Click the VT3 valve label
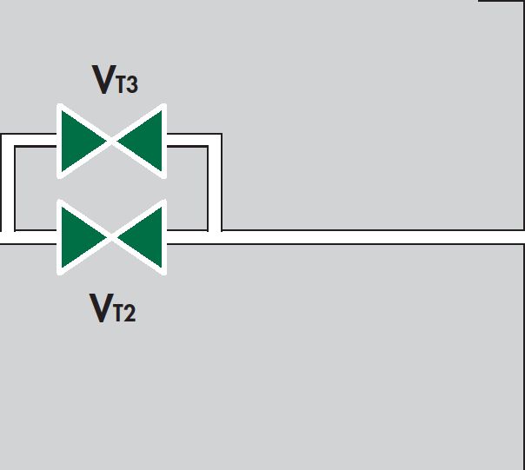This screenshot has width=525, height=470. pos(115,79)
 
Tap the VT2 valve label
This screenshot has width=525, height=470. pos(112,308)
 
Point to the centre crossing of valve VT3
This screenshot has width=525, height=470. pos(112,142)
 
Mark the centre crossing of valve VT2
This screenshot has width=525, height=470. pos(112,237)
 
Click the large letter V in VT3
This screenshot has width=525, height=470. pos(103,79)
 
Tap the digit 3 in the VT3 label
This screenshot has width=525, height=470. pos(132,84)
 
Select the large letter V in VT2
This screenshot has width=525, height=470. pos(102,308)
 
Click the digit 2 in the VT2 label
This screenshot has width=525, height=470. pos(130,313)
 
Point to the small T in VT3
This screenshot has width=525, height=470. pos(121,84)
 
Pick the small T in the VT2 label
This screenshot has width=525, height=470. pos(119,313)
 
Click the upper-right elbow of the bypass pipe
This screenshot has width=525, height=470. pos(215,140)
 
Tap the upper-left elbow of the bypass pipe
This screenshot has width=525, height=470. pos(8,140)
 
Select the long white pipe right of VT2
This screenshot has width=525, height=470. pos(346,237)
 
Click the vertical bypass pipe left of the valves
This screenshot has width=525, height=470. pos(8,182)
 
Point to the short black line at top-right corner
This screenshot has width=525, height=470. pos(502,1)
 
